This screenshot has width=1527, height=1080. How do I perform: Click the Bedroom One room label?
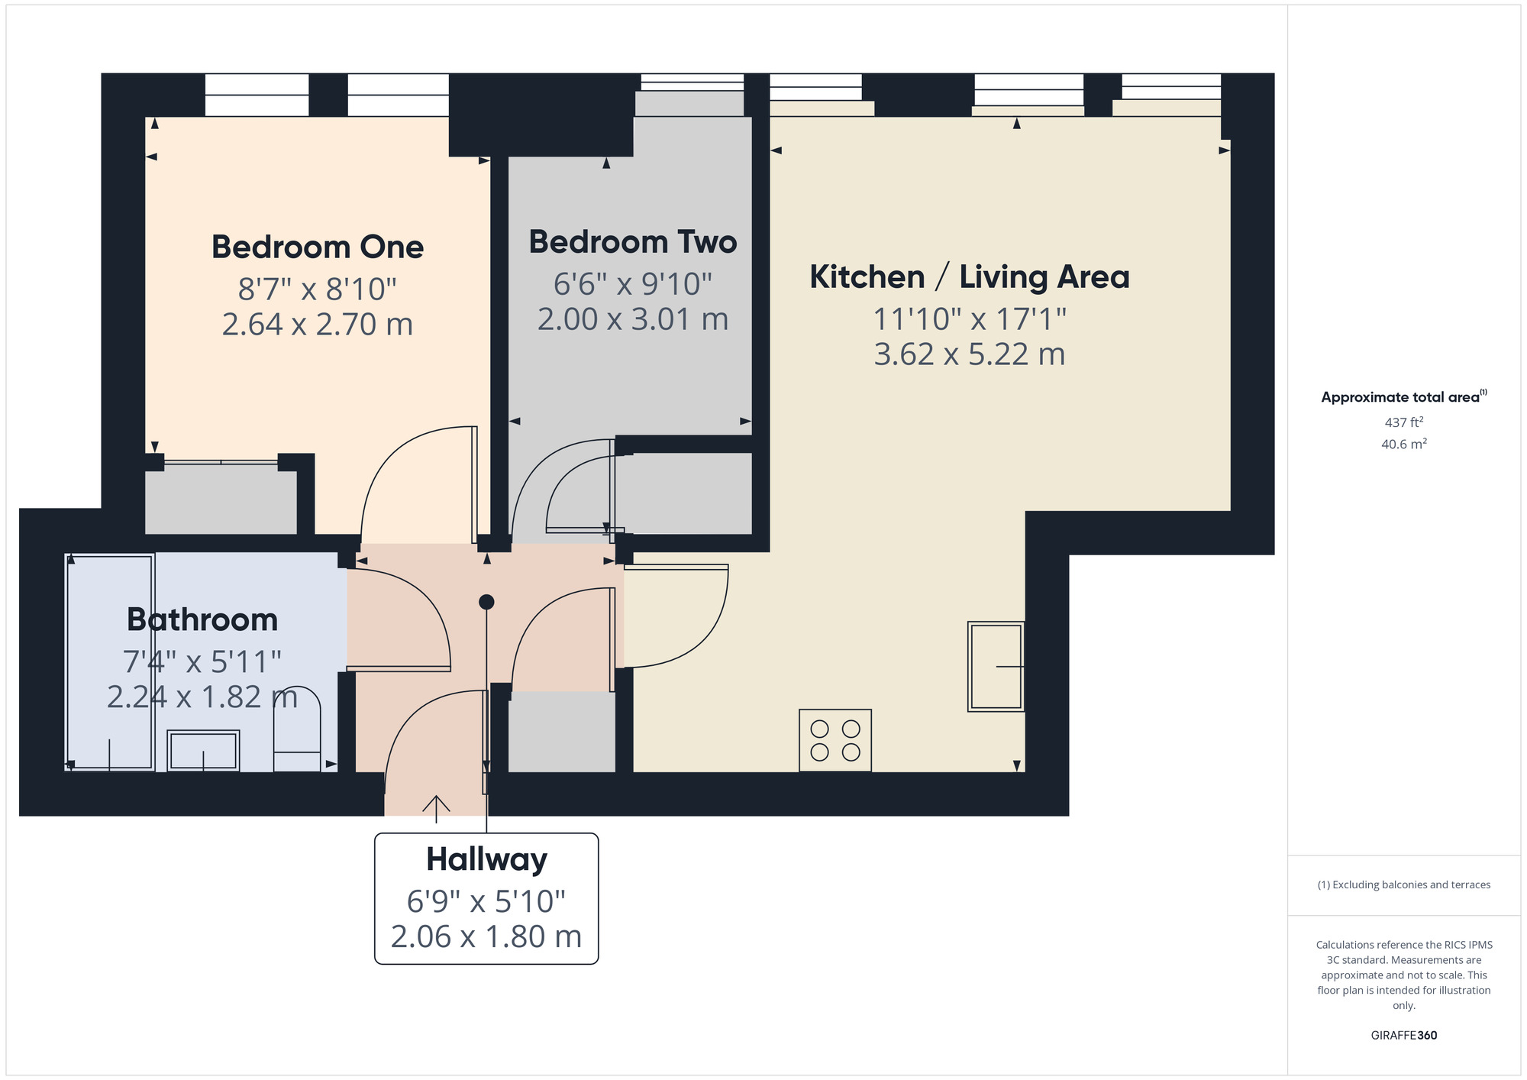tap(317, 247)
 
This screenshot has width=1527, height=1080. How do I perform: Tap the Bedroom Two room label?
tap(632, 241)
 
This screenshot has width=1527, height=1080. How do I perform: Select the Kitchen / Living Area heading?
tap(969, 276)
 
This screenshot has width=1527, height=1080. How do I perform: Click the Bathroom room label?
tap(202, 619)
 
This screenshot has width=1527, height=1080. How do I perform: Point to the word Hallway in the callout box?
tap(486, 859)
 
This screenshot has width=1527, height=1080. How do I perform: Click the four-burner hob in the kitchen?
tap(835, 740)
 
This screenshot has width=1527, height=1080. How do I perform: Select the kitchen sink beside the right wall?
tap(996, 666)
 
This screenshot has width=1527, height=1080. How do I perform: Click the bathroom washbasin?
tap(203, 750)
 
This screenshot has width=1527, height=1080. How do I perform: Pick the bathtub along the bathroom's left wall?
tap(110, 661)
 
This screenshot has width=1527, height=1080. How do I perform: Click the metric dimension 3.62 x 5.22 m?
tap(969, 354)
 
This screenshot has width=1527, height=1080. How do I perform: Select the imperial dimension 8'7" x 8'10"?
tap(317, 289)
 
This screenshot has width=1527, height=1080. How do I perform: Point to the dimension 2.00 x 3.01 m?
tap(632, 319)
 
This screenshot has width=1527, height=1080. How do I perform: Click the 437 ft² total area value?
tap(1403, 422)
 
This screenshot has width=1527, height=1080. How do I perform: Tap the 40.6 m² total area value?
tap(1403, 444)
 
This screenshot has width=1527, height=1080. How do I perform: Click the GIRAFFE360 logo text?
tap(1403, 1036)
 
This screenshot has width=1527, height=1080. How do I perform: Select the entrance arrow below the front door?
tap(436, 808)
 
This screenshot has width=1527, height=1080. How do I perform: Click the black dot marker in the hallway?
tap(486, 602)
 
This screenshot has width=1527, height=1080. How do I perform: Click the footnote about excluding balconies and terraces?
tap(1403, 884)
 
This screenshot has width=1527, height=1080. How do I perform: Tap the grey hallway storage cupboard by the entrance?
tap(561, 731)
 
